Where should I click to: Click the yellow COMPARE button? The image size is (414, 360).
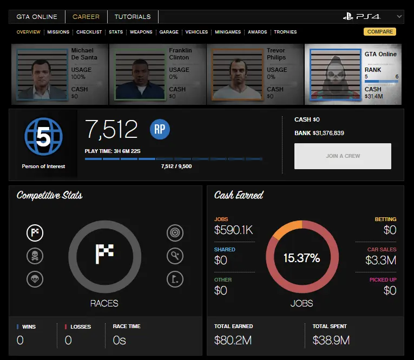(379, 32)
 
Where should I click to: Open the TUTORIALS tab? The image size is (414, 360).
(133, 17)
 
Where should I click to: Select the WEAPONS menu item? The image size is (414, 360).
(141, 32)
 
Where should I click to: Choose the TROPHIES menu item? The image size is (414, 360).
(285, 32)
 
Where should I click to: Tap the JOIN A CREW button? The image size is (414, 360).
(343, 156)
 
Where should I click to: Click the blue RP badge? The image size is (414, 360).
(160, 129)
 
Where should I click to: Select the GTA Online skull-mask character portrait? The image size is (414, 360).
(334, 76)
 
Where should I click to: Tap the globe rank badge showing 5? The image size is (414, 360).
(43, 138)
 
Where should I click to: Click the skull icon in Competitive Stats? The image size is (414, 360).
(35, 256)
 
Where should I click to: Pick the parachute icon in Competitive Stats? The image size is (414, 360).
(35, 279)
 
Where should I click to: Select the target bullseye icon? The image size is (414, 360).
(175, 233)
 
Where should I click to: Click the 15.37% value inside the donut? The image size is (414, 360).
(301, 258)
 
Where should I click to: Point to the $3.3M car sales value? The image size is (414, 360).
(380, 260)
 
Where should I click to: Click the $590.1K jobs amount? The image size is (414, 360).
(233, 230)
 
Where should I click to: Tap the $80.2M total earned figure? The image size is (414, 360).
(233, 341)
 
